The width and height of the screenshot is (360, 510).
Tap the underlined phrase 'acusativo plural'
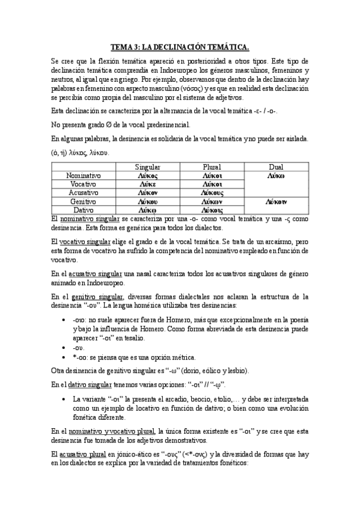(73, 453)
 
